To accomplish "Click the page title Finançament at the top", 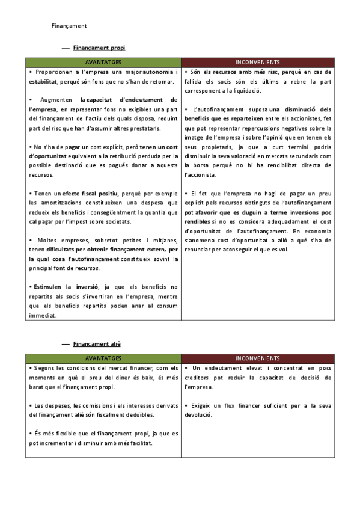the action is (69, 26).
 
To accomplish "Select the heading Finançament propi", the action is (99, 47).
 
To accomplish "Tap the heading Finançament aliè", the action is (97, 343).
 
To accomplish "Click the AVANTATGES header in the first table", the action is (103, 62).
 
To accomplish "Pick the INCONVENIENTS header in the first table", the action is (257, 62).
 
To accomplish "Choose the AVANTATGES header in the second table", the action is (103, 358).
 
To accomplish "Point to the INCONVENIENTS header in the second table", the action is (257, 358).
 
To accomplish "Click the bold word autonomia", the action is (159, 72).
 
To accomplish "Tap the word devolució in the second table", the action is (198, 415).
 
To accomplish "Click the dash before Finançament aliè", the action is (66, 343).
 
